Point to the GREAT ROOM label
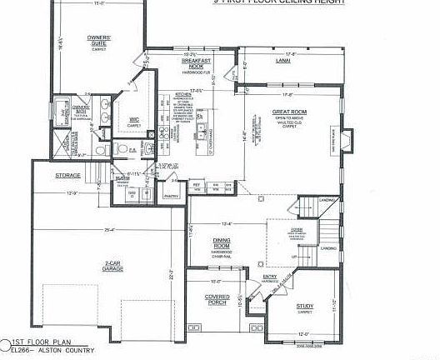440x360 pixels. [x=290, y=112]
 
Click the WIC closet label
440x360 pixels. [x=134, y=120]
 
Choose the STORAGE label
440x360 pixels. [x=67, y=176]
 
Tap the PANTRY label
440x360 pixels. [x=172, y=196]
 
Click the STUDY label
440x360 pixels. [x=305, y=307]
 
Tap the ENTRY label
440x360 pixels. [x=270, y=277]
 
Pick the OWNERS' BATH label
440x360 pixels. [x=81, y=107]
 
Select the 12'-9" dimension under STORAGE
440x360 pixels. [x=72, y=193]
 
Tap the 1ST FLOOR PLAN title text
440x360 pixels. [x=39, y=342]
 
